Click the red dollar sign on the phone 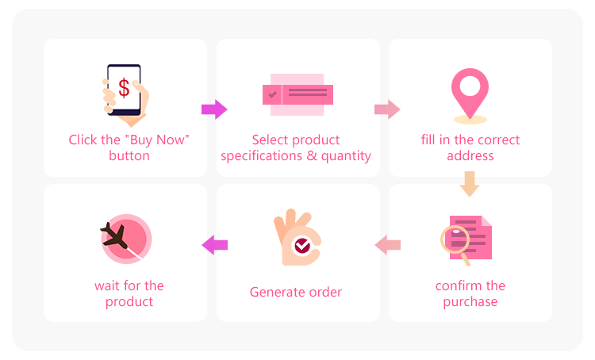pyautogui.click(x=124, y=88)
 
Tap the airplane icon pyautogui.click(x=114, y=235)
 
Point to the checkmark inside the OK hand pyautogui.click(x=302, y=246)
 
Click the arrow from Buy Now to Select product pyautogui.click(x=214, y=109)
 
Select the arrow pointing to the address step pyautogui.click(x=387, y=109)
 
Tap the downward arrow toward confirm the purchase pyautogui.click(x=470, y=184)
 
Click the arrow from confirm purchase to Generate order pyautogui.click(x=387, y=245)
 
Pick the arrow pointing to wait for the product pyautogui.click(x=214, y=245)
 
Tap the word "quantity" pyautogui.click(x=346, y=156)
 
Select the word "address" pyautogui.click(x=470, y=156)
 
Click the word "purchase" pyautogui.click(x=470, y=302)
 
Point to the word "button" pyautogui.click(x=129, y=156)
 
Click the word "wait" pyautogui.click(x=106, y=285)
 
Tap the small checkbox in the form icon pyautogui.click(x=272, y=94)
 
